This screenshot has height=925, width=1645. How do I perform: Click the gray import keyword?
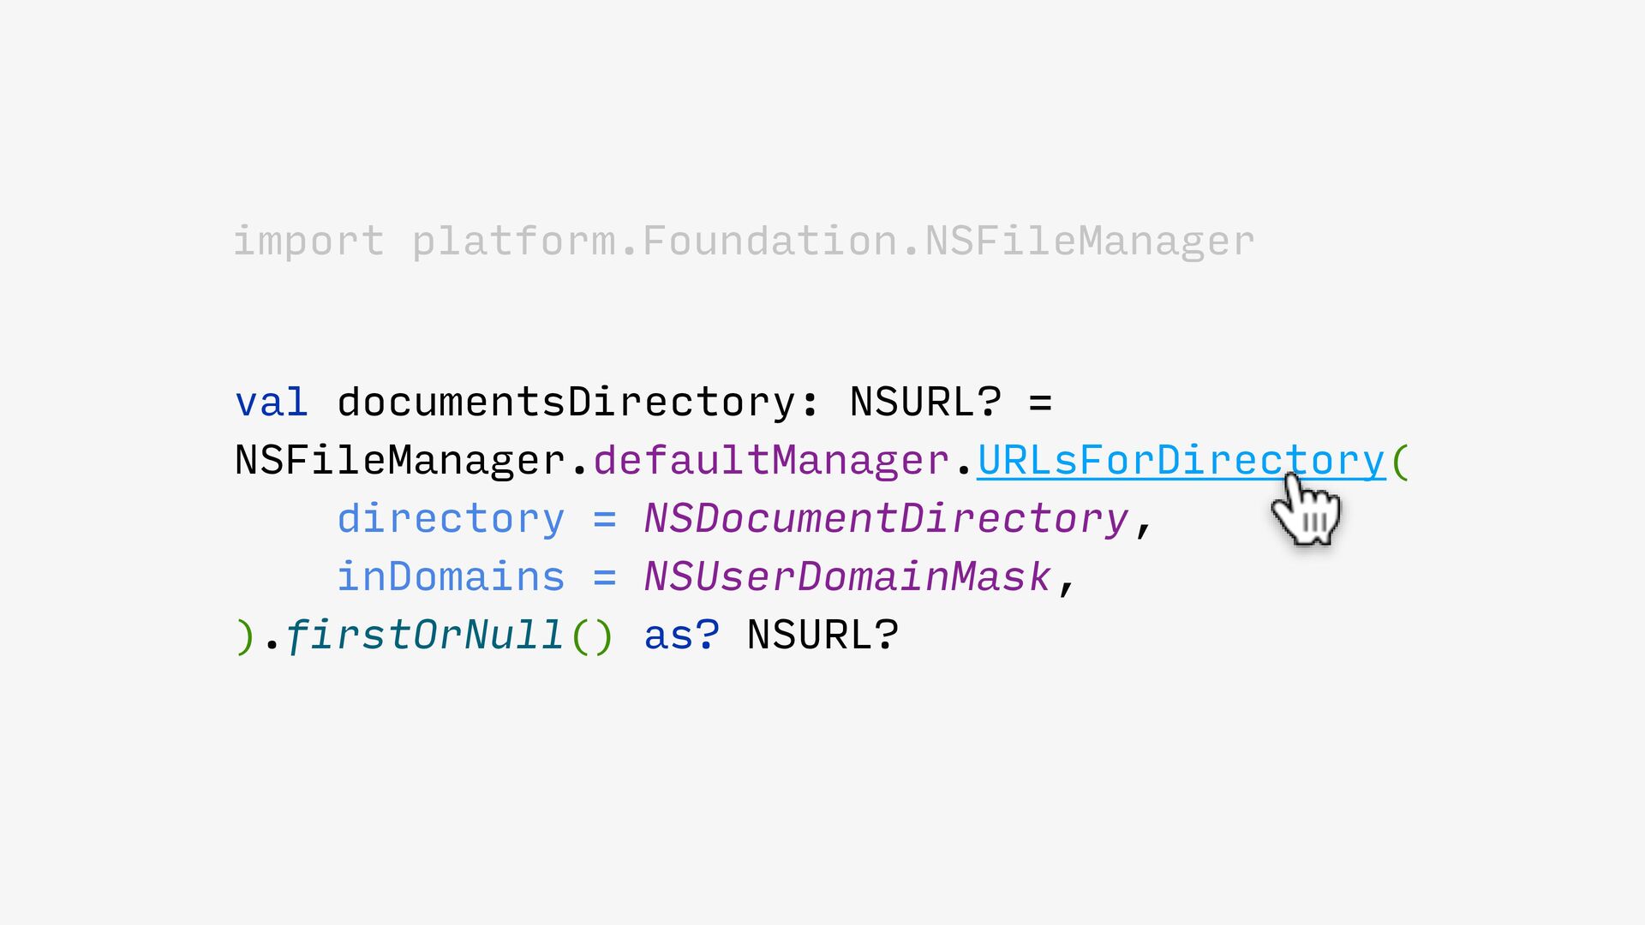[x=308, y=242]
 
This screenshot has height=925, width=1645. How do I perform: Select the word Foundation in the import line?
[x=769, y=241]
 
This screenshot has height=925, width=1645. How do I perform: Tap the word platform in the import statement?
[x=513, y=242]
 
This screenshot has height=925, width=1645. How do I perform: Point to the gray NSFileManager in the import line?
[x=1089, y=242]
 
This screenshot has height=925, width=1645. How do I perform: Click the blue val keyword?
[x=271, y=403]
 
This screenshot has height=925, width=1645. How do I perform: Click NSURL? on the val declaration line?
[x=925, y=402]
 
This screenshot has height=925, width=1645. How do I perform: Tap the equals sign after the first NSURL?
[x=1040, y=403]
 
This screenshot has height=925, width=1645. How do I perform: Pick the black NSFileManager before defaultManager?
[x=400, y=461]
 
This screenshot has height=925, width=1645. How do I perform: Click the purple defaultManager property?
[x=771, y=461]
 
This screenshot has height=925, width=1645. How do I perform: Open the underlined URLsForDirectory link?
[x=1181, y=461]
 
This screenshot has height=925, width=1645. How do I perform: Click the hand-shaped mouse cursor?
[x=1306, y=511]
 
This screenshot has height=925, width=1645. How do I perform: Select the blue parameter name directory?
[x=451, y=519]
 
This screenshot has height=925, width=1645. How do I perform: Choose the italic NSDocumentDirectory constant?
[x=887, y=519]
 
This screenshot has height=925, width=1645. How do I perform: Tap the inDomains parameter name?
[x=451, y=577]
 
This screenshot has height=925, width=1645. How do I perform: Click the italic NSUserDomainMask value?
[x=847, y=577]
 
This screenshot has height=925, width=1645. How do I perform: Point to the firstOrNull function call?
[x=424, y=636]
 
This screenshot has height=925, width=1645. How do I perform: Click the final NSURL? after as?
[x=822, y=636]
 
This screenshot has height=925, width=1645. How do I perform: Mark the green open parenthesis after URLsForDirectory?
[x=1400, y=461]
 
